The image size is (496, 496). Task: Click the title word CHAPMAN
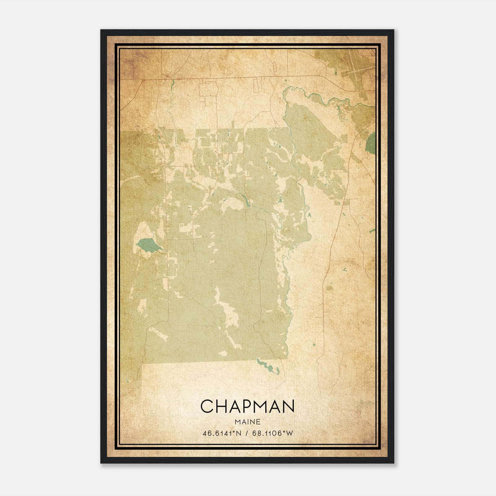pos(247,406)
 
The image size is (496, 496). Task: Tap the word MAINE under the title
pos(247,422)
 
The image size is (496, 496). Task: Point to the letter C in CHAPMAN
pos(207,406)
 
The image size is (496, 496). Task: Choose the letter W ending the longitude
pos(289,433)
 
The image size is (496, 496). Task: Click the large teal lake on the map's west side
pos(148,246)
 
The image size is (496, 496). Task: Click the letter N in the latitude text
pos(239,433)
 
